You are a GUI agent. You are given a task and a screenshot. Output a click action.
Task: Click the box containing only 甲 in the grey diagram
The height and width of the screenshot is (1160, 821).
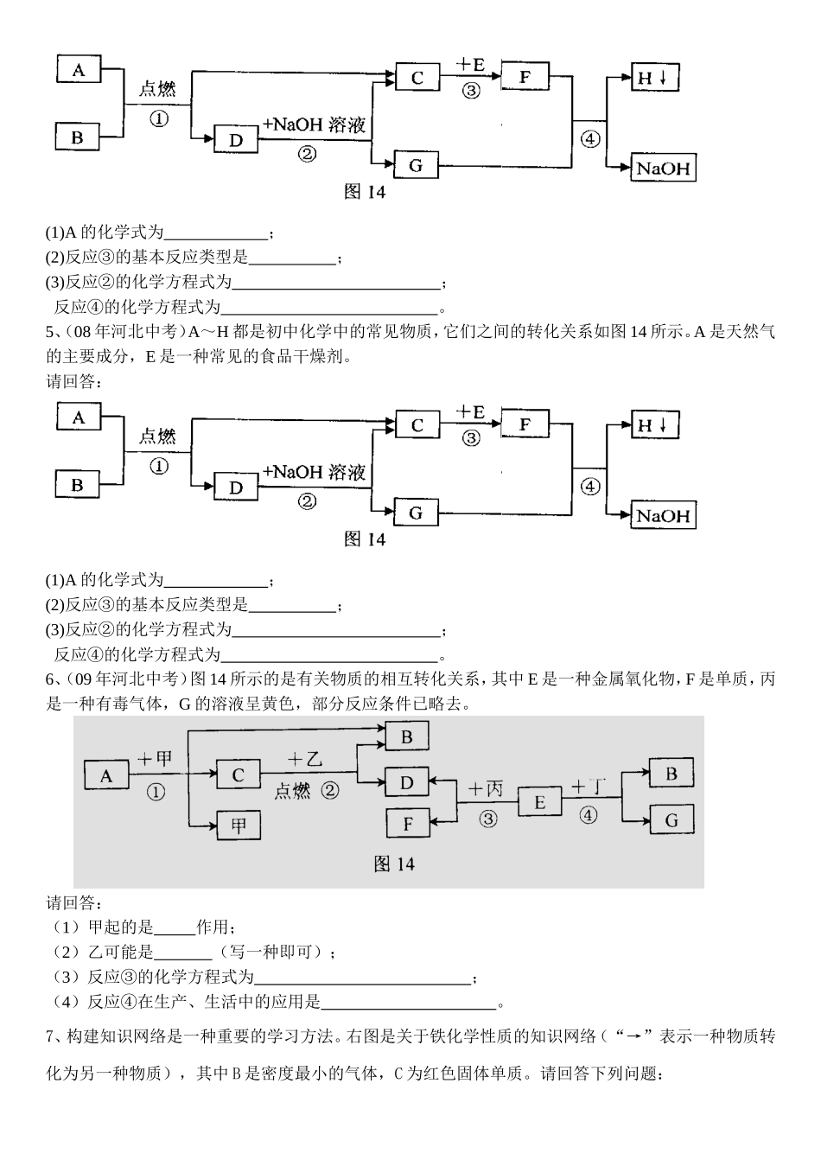click(x=239, y=825)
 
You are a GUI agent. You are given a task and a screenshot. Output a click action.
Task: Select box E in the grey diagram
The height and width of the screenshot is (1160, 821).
click(x=539, y=802)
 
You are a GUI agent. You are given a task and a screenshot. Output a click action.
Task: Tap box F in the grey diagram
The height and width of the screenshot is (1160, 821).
click(x=408, y=823)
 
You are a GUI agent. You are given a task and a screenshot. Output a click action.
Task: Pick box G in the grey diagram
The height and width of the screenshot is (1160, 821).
click(x=671, y=819)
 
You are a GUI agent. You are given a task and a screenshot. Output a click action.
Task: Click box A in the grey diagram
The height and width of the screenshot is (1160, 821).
click(x=106, y=775)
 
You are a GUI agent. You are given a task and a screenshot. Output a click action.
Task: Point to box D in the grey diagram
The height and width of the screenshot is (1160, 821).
click(x=407, y=782)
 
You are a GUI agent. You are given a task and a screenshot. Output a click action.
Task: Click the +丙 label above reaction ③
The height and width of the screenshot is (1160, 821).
click(x=486, y=788)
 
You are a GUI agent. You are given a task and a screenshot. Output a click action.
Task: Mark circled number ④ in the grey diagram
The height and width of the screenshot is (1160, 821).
click(x=589, y=815)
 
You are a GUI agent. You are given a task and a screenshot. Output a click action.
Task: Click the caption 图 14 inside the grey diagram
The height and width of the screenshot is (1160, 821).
click(x=394, y=864)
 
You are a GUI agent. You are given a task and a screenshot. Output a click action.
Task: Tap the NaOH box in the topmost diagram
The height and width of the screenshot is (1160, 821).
click(x=663, y=168)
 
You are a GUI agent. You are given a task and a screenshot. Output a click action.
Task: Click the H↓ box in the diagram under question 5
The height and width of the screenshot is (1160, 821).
click(x=653, y=425)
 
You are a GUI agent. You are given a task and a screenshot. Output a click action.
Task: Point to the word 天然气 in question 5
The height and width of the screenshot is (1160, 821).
click(x=748, y=331)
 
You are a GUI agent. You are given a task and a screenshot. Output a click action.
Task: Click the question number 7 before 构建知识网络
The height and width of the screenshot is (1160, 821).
click(x=50, y=1036)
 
